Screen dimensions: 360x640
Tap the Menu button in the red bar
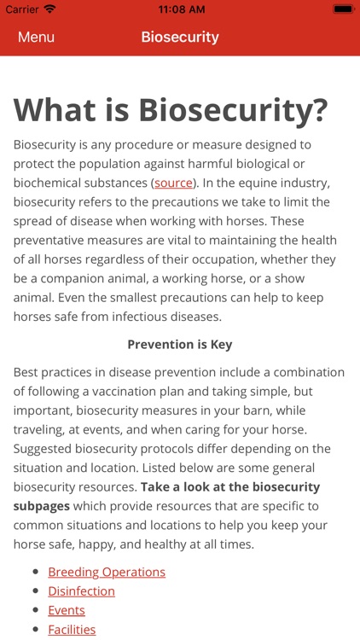click(x=36, y=38)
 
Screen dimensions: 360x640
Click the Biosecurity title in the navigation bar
click(x=180, y=38)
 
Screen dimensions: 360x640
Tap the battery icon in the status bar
click(x=343, y=9)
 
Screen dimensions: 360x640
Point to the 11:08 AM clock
click(x=180, y=9)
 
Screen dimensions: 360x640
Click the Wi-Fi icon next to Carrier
click(x=49, y=9)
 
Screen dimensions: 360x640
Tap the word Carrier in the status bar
click(x=21, y=9)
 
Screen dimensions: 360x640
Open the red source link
click(x=173, y=183)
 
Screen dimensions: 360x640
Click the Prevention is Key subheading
click(x=180, y=345)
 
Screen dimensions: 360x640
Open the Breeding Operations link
click(x=107, y=572)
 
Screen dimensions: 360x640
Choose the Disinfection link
click(x=81, y=591)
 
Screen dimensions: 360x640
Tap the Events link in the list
click(x=67, y=610)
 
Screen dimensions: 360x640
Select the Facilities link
click(x=72, y=630)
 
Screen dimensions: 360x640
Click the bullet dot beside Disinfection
click(x=35, y=591)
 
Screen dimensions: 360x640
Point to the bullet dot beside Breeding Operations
click(x=35, y=572)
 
